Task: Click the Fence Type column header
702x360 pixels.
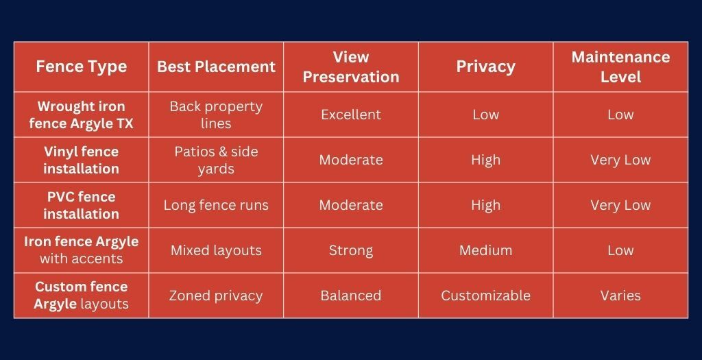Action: point(81,67)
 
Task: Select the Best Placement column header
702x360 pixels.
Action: point(216,67)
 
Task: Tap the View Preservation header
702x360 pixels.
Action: point(350,67)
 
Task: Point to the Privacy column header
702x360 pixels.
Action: point(485,67)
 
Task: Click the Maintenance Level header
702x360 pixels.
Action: point(620,67)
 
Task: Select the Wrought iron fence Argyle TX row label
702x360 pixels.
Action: point(81,115)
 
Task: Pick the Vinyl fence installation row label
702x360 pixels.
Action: point(81,160)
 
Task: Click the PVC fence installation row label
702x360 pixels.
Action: point(81,205)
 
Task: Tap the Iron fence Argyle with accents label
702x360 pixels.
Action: point(81,250)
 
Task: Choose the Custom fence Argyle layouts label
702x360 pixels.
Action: point(81,295)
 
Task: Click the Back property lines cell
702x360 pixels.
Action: point(216,115)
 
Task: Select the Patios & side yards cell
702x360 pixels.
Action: point(216,160)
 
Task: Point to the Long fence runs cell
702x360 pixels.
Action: point(216,205)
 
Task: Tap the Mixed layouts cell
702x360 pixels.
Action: point(216,250)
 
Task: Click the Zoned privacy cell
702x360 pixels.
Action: point(216,296)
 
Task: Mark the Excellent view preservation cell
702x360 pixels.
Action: point(350,115)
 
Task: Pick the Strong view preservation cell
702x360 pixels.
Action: point(350,250)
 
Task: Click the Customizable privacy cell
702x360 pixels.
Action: point(485,296)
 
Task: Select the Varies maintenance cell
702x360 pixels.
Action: point(620,296)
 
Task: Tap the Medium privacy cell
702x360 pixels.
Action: point(485,250)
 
